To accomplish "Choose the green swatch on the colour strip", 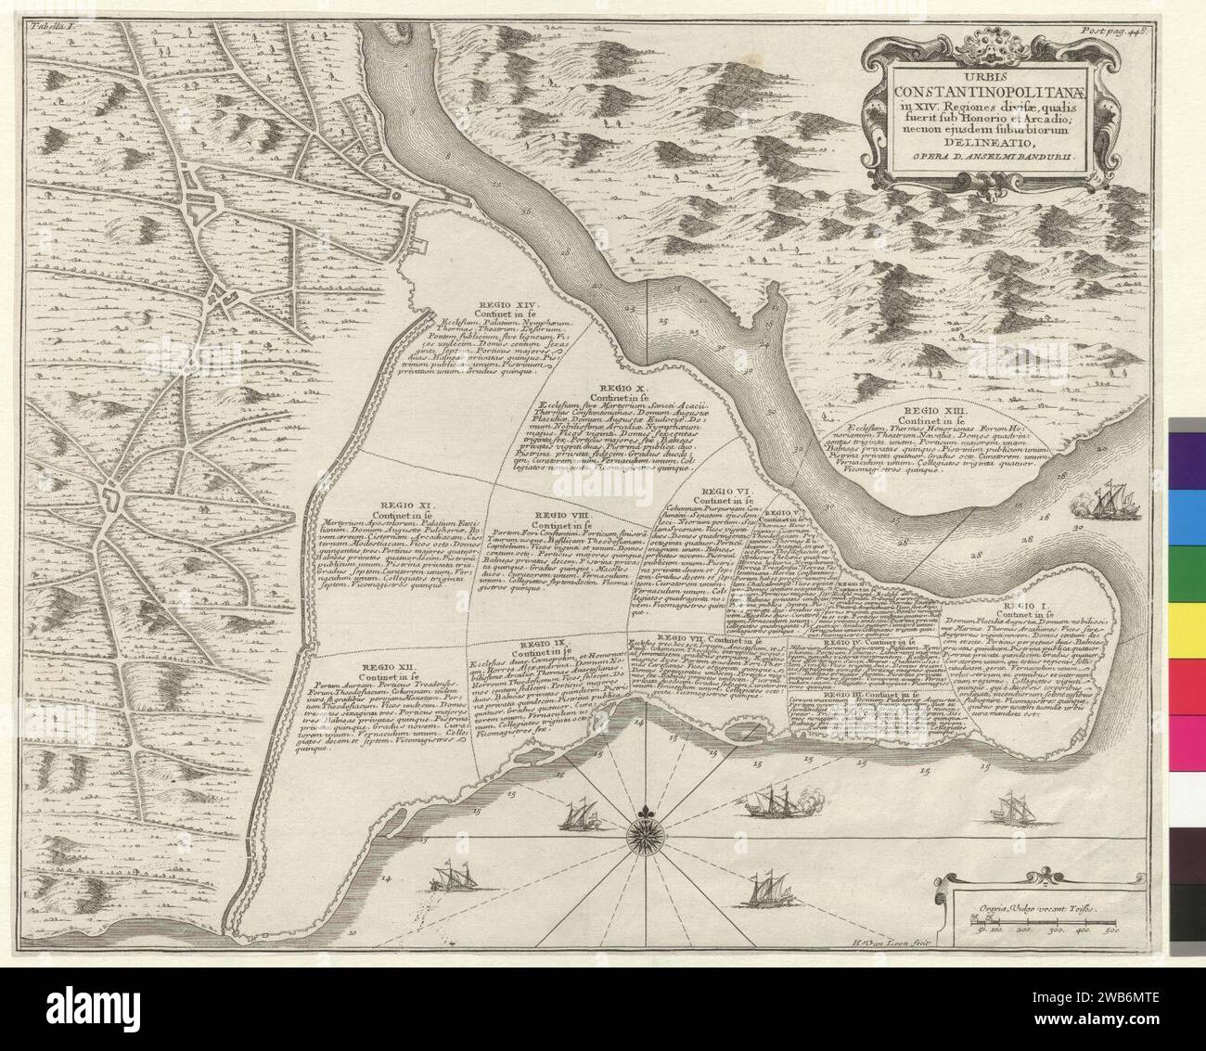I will (x=1187, y=566).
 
